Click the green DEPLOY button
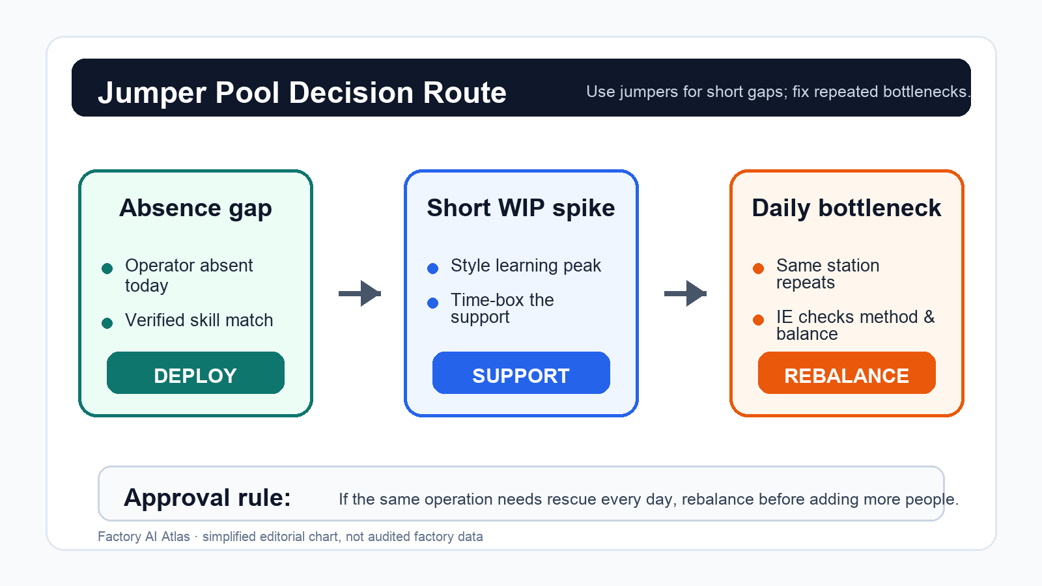[x=195, y=372]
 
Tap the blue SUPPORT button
[x=521, y=372]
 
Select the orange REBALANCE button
[x=847, y=372]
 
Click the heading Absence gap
[x=195, y=208]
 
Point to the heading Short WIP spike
[x=521, y=208]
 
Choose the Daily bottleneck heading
[x=847, y=208]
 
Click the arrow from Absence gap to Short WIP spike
[x=359, y=294]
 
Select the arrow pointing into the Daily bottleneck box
[x=685, y=294]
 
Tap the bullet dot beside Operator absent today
[x=107, y=268]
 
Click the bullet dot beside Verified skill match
[x=107, y=323]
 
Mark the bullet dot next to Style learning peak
[x=432, y=268]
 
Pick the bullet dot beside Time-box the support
[x=432, y=303]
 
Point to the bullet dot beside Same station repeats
[x=758, y=268]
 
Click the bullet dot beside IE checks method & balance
[x=758, y=320]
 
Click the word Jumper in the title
[x=152, y=93]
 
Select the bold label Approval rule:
[x=208, y=497]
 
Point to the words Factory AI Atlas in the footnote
[x=144, y=537]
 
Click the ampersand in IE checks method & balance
[x=929, y=317]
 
